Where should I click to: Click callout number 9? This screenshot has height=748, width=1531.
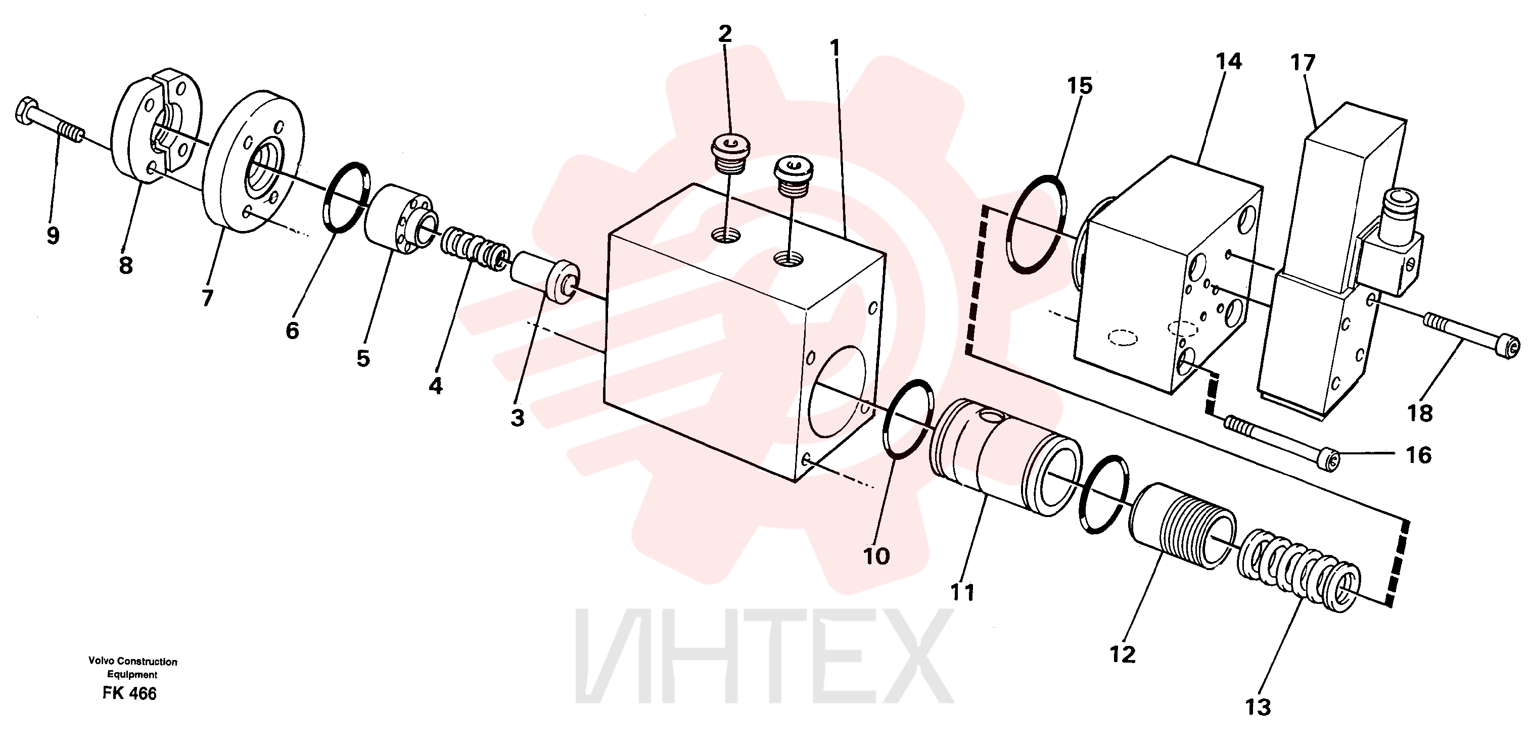(x=53, y=236)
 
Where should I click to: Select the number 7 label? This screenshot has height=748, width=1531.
(x=207, y=298)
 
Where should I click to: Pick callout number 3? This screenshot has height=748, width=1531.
(x=517, y=417)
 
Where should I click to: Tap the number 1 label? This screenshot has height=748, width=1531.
(x=836, y=48)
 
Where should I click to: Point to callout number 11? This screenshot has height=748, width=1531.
(x=962, y=592)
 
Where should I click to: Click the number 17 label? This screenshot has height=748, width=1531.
(x=1303, y=62)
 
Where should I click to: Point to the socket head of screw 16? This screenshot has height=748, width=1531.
(x=1331, y=460)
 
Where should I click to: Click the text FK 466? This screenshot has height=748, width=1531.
(x=129, y=694)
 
